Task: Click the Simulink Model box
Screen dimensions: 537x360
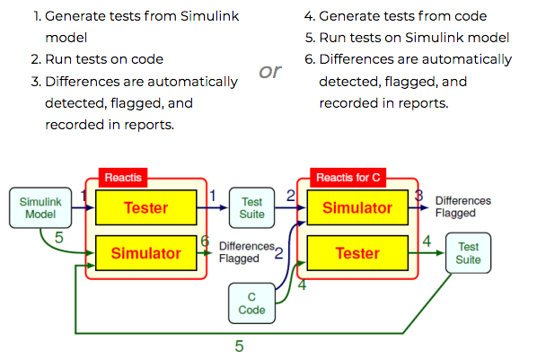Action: pyautogui.click(x=40, y=207)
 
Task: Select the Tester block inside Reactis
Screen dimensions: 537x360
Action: pyautogui.click(x=146, y=207)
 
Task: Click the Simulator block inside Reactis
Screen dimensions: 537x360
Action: pyautogui.click(x=146, y=253)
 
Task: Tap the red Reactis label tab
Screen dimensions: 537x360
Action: pyautogui.click(x=123, y=178)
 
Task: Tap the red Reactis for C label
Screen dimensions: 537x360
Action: pyautogui.click(x=348, y=178)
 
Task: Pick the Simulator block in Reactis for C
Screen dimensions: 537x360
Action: pyautogui.click(x=357, y=207)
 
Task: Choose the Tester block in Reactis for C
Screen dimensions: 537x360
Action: pyautogui.click(x=357, y=253)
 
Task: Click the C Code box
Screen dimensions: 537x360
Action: pyautogui.click(x=251, y=303)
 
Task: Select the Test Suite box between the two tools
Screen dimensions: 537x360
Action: pyautogui.click(x=251, y=207)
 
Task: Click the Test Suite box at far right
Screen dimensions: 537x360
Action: pyautogui.click(x=468, y=253)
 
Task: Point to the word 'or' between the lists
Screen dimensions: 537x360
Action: pyautogui.click(x=270, y=71)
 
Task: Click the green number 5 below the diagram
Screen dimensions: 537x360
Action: pyautogui.click(x=240, y=346)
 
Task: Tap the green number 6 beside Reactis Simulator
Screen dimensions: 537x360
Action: pyautogui.click(x=205, y=241)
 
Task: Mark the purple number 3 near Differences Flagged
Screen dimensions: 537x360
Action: pyautogui.click(x=418, y=195)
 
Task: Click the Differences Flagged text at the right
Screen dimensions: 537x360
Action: pyautogui.click(x=463, y=206)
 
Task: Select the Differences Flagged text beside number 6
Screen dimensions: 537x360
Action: pyautogui.click(x=247, y=252)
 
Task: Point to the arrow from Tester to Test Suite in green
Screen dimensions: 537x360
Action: pyautogui.click(x=427, y=253)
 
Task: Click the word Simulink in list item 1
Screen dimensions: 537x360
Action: pyautogui.click(x=209, y=16)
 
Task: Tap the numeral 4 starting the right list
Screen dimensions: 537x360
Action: pyautogui.click(x=309, y=16)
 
